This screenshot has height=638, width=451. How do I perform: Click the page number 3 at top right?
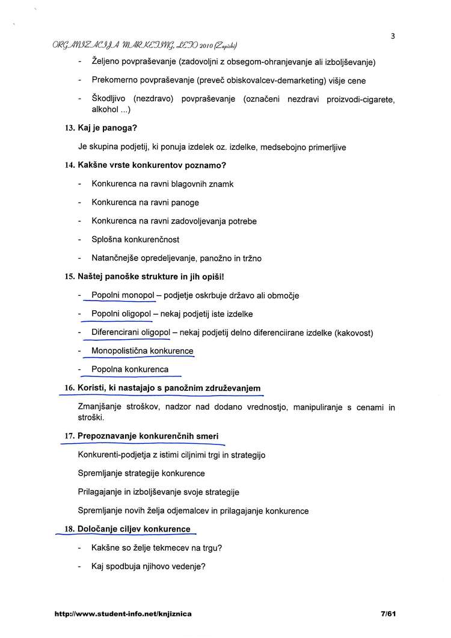point(392,35)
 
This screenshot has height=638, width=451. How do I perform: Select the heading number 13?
point(69,128)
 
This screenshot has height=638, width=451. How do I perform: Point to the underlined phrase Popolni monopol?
point(123,295)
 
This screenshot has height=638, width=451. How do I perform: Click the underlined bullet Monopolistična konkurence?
point(142,351)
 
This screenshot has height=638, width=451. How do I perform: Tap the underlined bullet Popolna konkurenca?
point(129,369)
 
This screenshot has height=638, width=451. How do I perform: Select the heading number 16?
point(69,388)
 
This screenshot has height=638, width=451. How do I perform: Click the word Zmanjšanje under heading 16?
point(101,407)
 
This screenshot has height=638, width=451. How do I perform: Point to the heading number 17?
point(69,435)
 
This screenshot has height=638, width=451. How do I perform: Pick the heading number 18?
point(69,529)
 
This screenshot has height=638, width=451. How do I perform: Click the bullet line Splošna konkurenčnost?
point(135,239)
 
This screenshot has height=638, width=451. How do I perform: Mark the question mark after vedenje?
point(204,566)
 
